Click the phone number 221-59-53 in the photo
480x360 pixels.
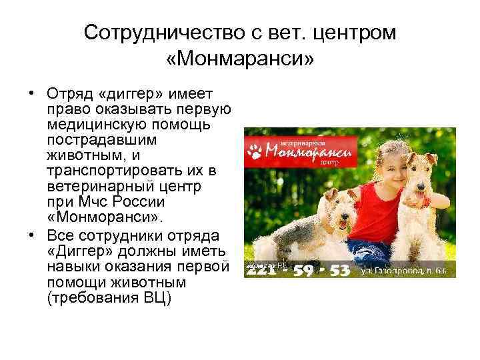coord(298,269)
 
